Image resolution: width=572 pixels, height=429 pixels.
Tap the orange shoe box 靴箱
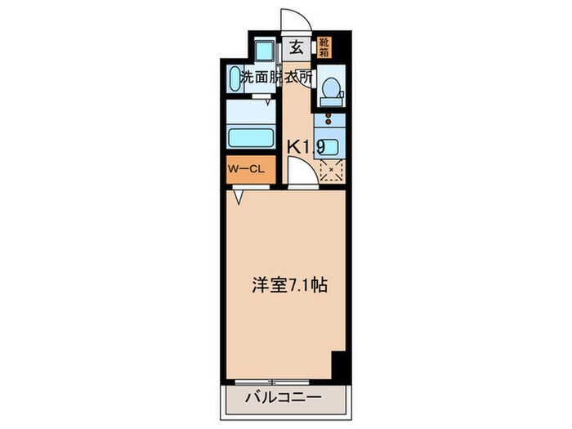[325, 46]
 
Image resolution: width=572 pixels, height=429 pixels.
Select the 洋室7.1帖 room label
[289, 287]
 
